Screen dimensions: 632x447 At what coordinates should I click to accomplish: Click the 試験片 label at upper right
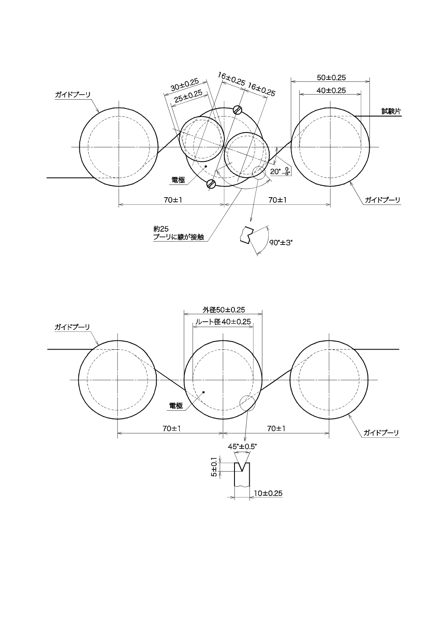[391, 111]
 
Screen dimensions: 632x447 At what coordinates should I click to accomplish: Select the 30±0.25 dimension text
[185, 84]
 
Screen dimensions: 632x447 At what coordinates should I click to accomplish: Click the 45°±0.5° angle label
[242, 446]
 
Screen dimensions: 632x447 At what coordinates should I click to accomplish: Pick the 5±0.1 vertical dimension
[214, 467]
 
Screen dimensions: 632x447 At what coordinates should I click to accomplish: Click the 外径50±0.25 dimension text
[223, 309]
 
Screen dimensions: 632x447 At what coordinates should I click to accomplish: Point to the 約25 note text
[161, 229]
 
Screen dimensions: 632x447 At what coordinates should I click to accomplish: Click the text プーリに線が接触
[179, 237]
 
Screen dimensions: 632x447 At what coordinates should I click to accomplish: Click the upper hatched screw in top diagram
[238, 110]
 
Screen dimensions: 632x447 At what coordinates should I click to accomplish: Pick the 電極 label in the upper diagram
[178, 180]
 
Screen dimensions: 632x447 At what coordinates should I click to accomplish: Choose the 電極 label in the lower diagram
[175, 406]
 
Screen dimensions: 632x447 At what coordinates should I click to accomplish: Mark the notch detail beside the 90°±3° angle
[245, 235]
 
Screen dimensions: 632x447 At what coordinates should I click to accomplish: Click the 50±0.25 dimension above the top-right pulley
[331, 78]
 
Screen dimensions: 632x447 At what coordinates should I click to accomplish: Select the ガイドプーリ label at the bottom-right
[382, 433]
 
